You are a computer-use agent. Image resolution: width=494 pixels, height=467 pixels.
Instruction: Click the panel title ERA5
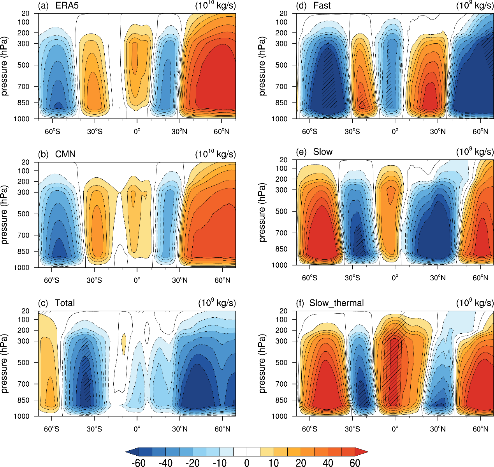[x=67, y=5]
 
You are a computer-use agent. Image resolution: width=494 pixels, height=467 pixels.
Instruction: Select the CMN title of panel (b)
[x=65, y=154]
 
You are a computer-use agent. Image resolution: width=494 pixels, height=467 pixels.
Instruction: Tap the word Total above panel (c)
[x=65, y=303]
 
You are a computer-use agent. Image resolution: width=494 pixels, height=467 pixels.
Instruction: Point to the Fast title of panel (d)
[x=322, y=5]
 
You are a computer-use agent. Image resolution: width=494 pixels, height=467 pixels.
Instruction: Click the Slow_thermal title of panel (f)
[x=336, y=303]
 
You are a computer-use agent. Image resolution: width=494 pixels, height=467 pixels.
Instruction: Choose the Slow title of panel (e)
[x=323, y=152]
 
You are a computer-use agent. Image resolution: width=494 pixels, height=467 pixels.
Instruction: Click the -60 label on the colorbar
[x=139, y=463]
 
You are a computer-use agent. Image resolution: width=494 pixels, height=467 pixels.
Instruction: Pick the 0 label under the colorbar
[x=247, y=463]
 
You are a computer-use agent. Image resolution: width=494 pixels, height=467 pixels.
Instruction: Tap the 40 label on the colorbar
[x=328, y=463]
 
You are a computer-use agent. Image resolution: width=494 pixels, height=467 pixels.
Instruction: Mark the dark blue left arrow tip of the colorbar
[x=130, y=452]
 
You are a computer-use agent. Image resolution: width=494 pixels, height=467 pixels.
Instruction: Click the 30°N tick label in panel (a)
[x=179, y=131]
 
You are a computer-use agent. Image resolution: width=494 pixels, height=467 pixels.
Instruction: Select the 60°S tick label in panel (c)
[x=51, y=429]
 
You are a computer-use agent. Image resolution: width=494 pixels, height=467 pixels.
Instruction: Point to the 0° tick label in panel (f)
[x=395, y=429]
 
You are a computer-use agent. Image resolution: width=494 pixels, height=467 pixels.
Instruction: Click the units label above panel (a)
[x=215, y=5]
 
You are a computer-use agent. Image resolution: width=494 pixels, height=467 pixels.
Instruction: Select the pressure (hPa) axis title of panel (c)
[x=5, y=363]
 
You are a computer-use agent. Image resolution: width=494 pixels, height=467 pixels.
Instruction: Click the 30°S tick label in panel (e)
[x=352, y=278]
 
